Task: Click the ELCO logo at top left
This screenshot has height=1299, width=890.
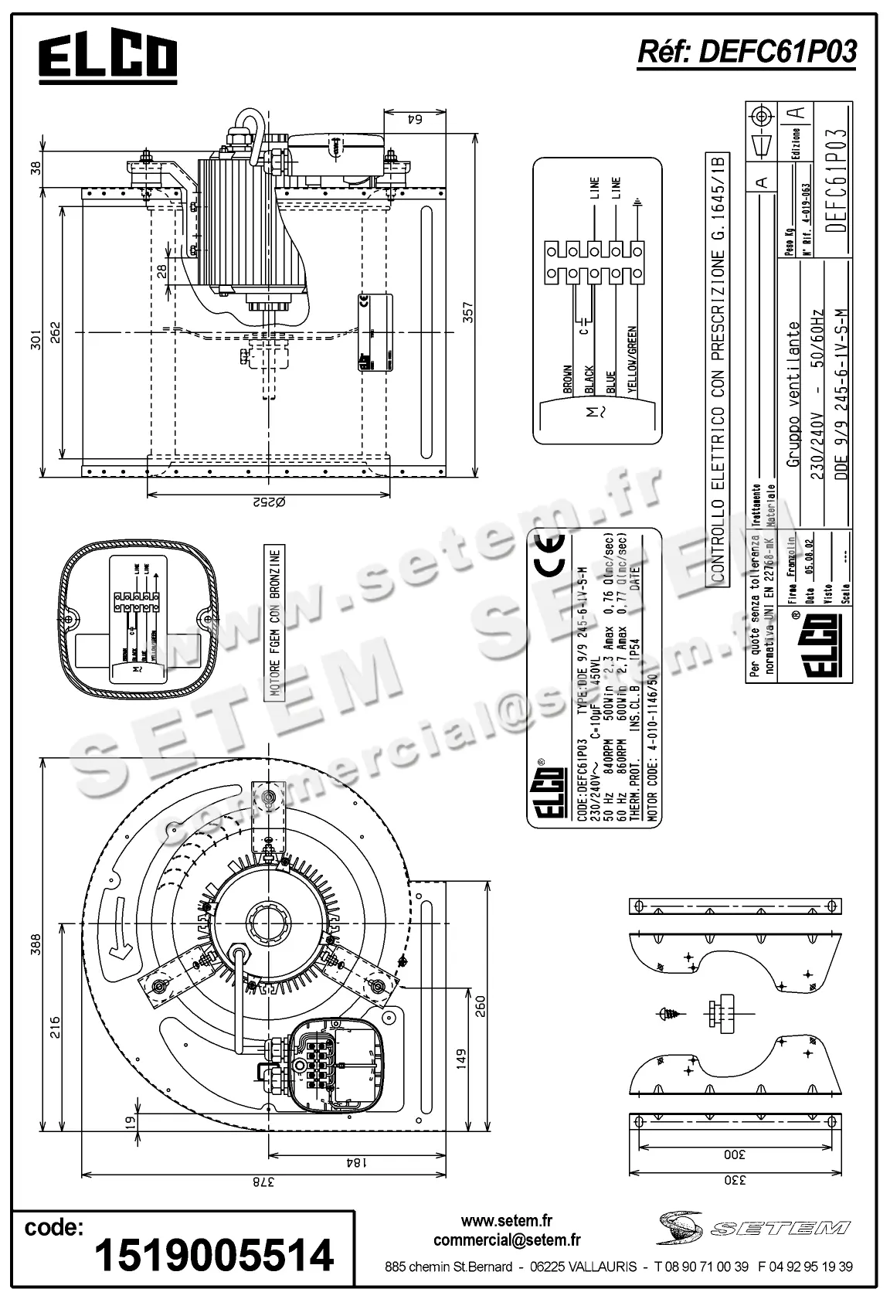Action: (108, 58)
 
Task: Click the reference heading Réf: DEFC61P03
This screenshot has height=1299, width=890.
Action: (746, 52)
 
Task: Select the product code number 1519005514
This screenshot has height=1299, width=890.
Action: (214, 1254)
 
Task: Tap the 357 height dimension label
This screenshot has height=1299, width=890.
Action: (469, 313)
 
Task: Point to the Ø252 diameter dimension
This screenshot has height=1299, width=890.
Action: (268, 502)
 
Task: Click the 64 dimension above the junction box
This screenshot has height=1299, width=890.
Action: (415, 119)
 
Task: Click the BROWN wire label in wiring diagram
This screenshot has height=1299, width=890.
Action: (568, 379)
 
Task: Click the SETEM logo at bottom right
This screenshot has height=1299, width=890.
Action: (753, 1228)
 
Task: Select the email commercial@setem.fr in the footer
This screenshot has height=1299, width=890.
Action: (507, 1240)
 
